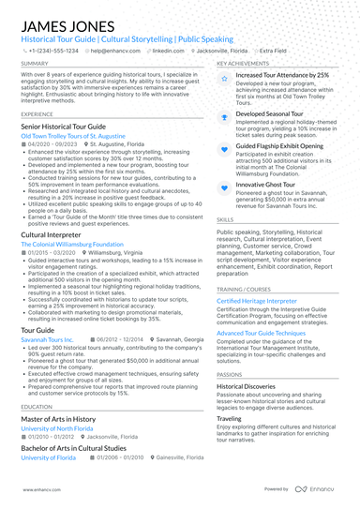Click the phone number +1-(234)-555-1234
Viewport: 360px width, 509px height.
point(53,51)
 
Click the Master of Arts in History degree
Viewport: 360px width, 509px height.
point(58,418)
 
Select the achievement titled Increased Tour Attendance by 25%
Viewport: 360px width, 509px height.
point(282,75)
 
